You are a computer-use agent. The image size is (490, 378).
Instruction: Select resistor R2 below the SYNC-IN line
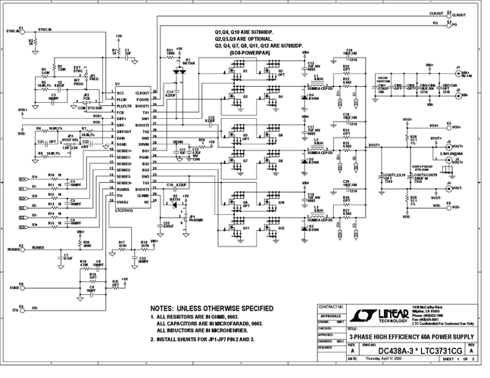30,43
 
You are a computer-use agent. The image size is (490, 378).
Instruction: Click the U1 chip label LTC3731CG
124,209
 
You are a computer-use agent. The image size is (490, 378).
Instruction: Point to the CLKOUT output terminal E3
451,14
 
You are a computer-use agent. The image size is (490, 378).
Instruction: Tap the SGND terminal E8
20,287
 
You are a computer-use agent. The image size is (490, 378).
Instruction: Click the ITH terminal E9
20,308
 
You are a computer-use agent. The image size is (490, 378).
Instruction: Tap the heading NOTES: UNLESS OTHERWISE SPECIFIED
213,308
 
